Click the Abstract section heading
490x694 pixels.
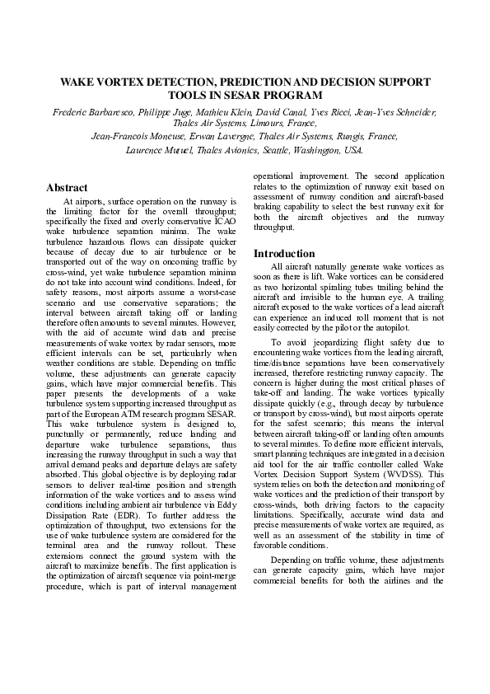tap(67, 188)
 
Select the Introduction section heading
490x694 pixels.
tap(284, 253)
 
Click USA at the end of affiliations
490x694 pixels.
tap(352, 150)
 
